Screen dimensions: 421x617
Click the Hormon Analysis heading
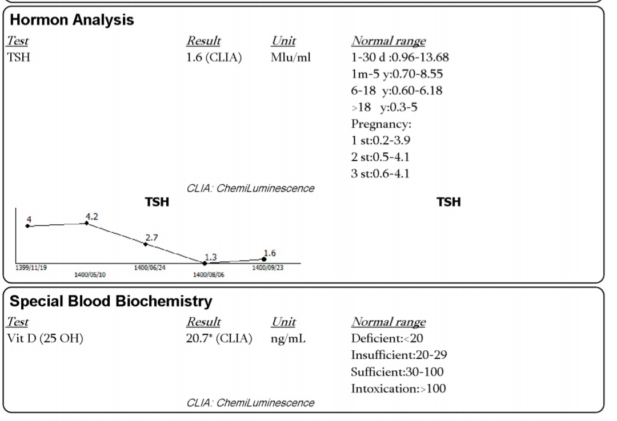(72, 21)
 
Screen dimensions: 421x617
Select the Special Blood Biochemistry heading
(111, 301)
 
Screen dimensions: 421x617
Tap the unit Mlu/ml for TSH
(291, 58)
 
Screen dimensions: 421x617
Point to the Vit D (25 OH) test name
(45, 338)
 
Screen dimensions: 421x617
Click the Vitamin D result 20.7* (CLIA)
(219, 338)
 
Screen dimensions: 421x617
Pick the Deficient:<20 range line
(387, 338)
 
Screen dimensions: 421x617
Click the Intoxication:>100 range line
(398, 388)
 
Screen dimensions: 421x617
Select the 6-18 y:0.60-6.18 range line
(396, 91)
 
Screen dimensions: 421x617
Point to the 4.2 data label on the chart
(91, 217)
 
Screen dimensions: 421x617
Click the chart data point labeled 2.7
(146, 244)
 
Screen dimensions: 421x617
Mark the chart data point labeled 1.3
(205, 263)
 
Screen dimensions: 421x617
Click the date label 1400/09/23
(267, 268)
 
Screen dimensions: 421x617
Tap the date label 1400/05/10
(90, 274)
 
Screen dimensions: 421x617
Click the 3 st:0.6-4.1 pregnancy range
(380, 173)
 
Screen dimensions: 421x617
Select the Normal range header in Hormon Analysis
(388, 41)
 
